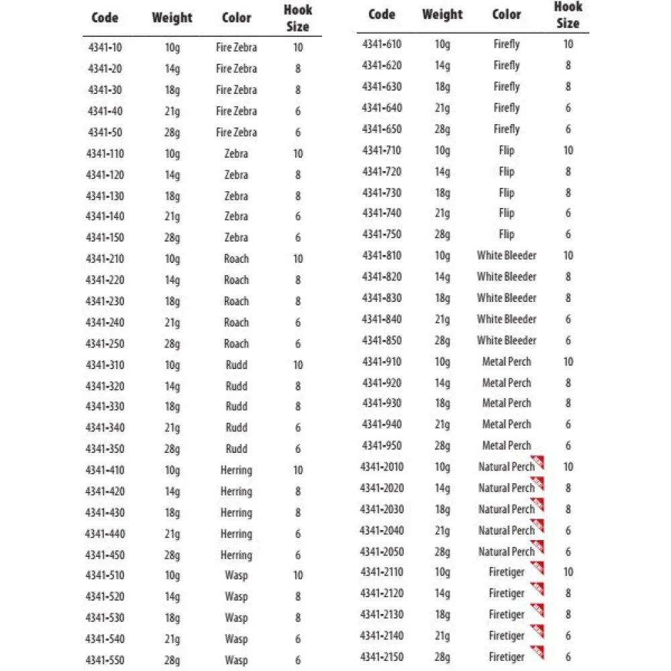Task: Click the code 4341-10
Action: [105, 48]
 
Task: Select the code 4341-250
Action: [105, 344]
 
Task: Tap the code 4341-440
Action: [105, 534]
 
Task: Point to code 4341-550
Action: [105, 660]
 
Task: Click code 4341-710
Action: [382, 150]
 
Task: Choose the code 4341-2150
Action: [382, 657]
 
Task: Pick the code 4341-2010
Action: [382, 467]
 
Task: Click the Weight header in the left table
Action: [172, 18]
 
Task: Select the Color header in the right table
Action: [507, 15]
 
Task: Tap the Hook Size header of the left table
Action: [297, 19]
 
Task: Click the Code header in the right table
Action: [382, 15]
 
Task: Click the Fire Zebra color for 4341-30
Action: [236, 90]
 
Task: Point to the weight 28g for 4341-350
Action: [172, 449]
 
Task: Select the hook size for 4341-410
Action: [298, 470]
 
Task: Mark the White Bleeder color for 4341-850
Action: [507, 340]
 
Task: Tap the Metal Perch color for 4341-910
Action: [507, 362]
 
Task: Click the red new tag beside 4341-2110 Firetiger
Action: [537, 570]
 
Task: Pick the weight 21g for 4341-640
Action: [442, 108]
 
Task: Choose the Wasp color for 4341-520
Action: [236, 597]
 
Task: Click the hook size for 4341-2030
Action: [568, 509]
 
